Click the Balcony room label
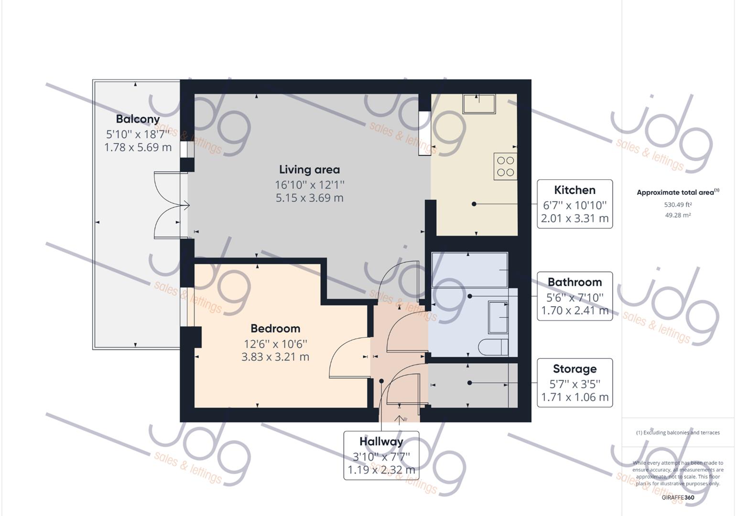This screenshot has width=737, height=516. click(138, 118)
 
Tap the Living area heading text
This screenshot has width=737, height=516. click(309, 170)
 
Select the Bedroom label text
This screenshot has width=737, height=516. click(275, 329)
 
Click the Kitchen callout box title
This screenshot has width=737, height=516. click(574, 190)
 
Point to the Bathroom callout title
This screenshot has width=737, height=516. click(574, 282)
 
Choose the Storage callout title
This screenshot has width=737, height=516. click(574, 369)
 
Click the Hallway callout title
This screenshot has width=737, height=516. click(381, 441)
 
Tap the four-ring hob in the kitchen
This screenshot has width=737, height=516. click(505, 166)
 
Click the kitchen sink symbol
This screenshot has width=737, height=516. click(479, 104)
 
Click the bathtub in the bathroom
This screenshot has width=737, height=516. click(469, 269)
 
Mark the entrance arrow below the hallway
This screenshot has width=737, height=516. click(400, 420)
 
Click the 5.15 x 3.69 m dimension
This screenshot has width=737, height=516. click(309, 198)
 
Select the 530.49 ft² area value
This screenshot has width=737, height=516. click(678, 204)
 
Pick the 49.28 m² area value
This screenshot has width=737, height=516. click(678, 215)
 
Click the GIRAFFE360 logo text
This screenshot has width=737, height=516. click(678, 497)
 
